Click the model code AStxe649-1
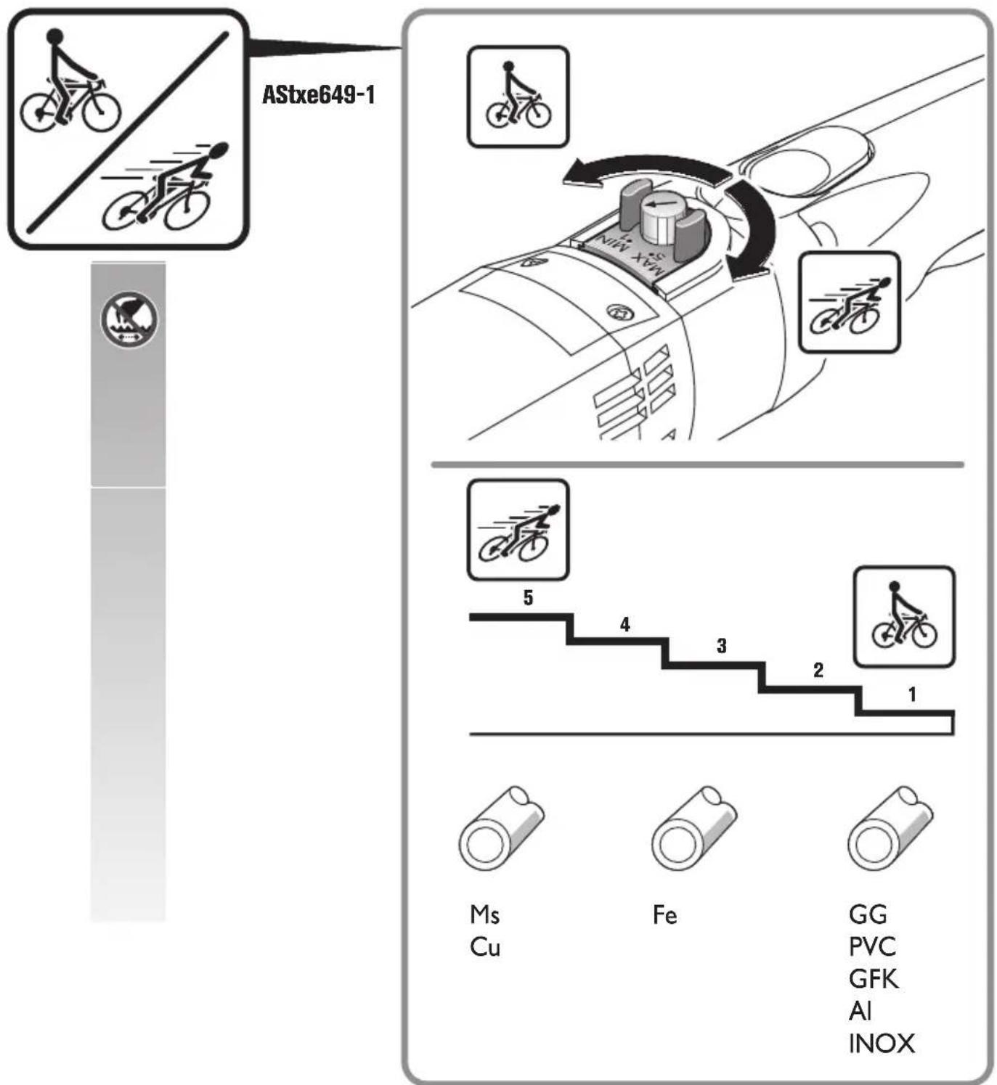coord(318,95)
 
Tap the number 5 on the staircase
coord(528,598)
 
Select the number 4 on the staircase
coord(624,625)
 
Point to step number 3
coord(721,646)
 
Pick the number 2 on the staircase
coord(818,670)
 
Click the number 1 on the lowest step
coord(913,694)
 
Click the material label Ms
coord(485,914)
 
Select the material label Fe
coord(664,914)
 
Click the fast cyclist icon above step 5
coord(518,530)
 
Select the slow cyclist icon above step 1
coord(905,617)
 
